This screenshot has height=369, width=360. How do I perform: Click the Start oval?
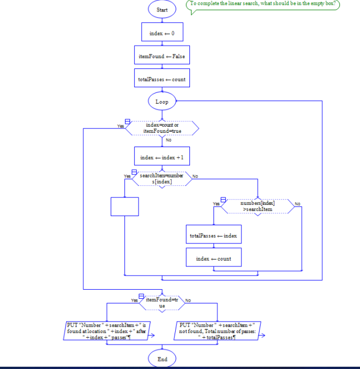point(162,10)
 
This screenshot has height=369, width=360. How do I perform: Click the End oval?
point(162,359)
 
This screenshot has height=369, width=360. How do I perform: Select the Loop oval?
point(162,102)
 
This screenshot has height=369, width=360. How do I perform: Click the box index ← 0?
point(162,33)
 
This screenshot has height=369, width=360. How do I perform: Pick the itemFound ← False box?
point(162,56)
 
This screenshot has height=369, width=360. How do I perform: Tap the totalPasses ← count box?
point(162,79)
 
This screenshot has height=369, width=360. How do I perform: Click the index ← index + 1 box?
point(162,157)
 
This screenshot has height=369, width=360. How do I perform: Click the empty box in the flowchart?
point(124,206)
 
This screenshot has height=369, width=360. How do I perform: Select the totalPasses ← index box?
point(213,235)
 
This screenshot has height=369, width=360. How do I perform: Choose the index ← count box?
point(213,258)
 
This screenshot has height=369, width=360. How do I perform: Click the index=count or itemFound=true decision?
point(162,128)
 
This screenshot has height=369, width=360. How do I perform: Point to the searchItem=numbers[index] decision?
point(161,178)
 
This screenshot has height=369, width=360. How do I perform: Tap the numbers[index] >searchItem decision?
point(257,206)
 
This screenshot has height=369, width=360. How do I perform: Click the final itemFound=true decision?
point(162,302)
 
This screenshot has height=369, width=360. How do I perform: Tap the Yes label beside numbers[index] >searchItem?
point(216,204)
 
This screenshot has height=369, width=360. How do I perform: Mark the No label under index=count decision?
point(168,140)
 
